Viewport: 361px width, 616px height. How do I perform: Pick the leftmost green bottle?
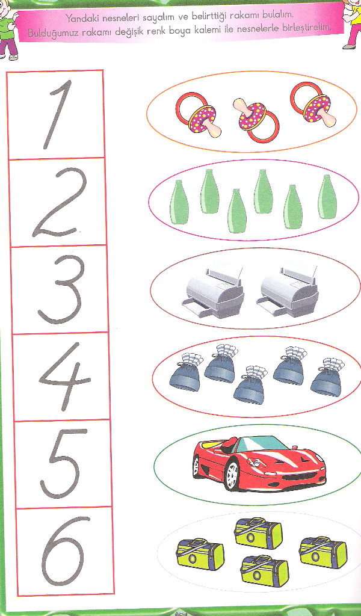pyautogui.click(x=179, y=202)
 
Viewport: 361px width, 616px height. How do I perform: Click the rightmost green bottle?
pyautogui.click(x=327, y=197)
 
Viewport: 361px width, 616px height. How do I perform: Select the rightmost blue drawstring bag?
pyautogui.click(x=327, y=377)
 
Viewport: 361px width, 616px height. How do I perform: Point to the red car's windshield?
pyautogui.click(x=262, y=445)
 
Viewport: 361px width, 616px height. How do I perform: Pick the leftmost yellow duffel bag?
pyautogui.click(x=200, y=554)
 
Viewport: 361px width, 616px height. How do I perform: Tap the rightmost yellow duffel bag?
pyautogui.click(x=323, y=553)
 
